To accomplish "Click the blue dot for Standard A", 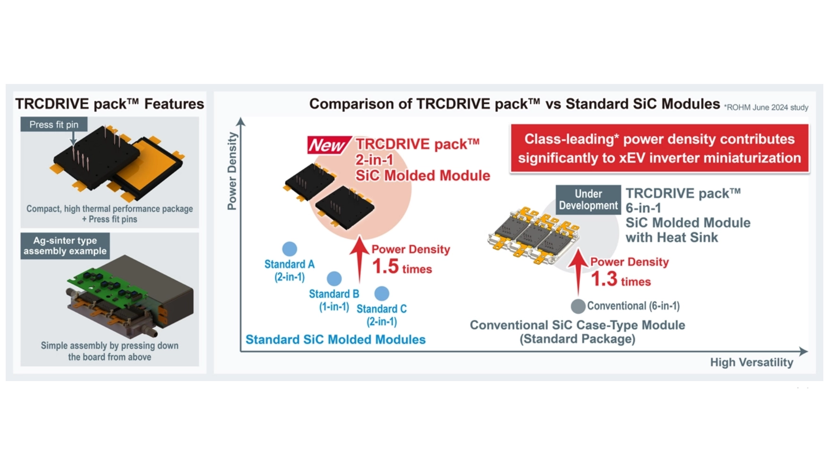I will pyautogui.click(x=289, y=249).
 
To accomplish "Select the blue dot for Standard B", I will pyautogui.click(x=334, y=278).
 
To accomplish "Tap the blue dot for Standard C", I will pyautogui.click(x=381, y=293).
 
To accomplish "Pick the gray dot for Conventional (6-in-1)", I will pyautogui.click(x=578, y=306).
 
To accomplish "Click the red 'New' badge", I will pyautogui.click(x=328, y=145).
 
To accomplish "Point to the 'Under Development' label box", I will pyautogui.click(x=588, y=200).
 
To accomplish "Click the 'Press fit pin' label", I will pyautogui.click(x=54, y=125).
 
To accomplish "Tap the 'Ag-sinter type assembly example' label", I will pyautogui.click(x=65, y=246).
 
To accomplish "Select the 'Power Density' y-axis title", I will pyautogui.click(x=232, y=171).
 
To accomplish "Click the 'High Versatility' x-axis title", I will pyautogui.click(x=752, y=362).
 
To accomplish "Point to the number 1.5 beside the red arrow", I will pyautogui.click(x=385, y=267).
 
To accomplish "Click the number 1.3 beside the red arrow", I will pyautogui.click(x=604, y=279).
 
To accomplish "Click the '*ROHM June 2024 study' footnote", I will pyautogui.click(x=766, y=108).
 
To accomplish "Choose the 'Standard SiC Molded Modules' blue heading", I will pyautogui.click(x=335, y=340).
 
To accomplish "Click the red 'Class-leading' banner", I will pyautogui.click(x=659, y=149).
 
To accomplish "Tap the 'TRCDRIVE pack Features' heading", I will pyautogui.click(x=110, y=104).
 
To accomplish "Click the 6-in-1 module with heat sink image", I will pyautogui.click(x=533, y=234).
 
